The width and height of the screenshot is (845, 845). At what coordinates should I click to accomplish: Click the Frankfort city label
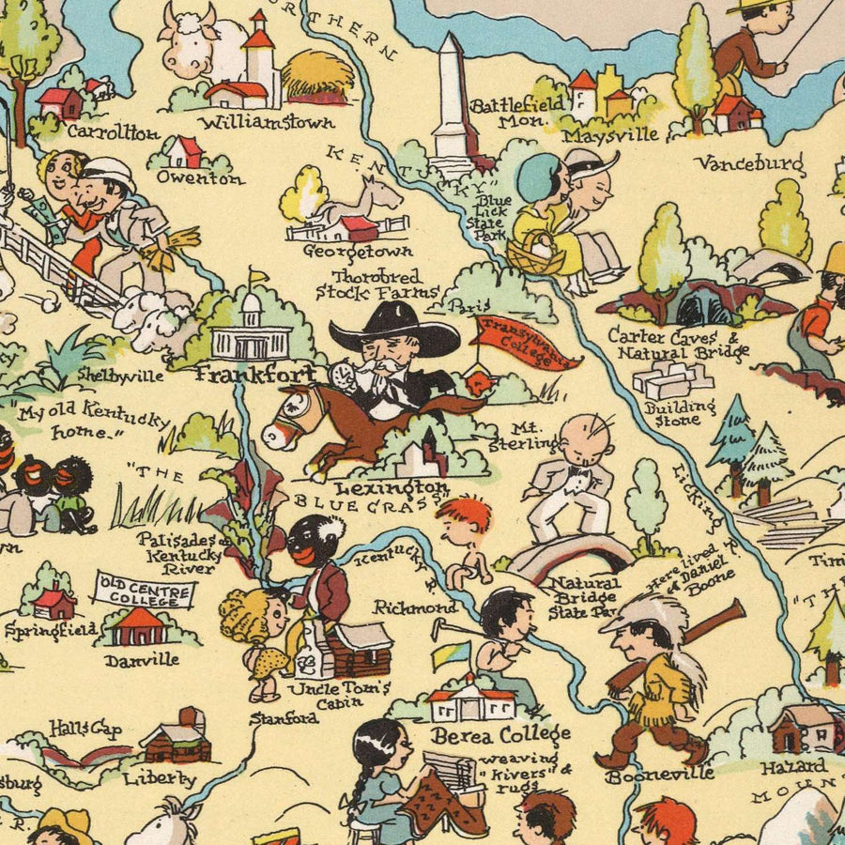pyautogui.click(x=256, y=374)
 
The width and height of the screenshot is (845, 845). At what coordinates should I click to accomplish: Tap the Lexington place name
pyautogui.click(x=392, y=488)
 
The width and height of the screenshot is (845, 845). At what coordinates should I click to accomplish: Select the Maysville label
pyautogui.click(x=610, y=134)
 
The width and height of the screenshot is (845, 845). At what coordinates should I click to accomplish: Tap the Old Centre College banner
pyautogui.click(x=145, y=593)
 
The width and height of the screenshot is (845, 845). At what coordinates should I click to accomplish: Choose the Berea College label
pyautogui.click(x=500, y=733)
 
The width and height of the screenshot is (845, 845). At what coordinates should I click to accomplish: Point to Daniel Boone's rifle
pyautogui.click(x=685, y=638)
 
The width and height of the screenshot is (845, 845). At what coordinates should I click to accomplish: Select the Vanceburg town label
pyautogui.click(x=749, y=163)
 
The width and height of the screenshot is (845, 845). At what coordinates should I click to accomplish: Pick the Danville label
pyautogui.click(x=142, y=660)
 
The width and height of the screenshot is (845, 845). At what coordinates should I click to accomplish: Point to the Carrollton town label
pyautogui.click(x=113, y=132)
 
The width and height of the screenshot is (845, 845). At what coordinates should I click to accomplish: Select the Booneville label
pyautogui.click(x=660, y=775)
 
